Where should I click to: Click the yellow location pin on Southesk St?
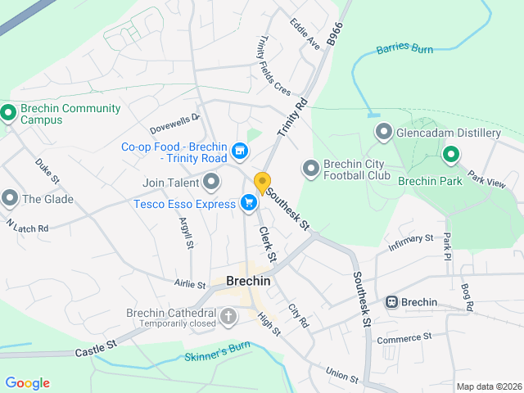[262, 183]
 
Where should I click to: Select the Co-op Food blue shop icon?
[239, 150]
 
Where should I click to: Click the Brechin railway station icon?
[392, 302]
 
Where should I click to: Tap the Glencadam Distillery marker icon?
[383, 132]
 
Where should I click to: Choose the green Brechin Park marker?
[450, 154]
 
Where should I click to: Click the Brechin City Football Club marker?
[310, 168]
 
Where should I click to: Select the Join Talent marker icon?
[212, 181]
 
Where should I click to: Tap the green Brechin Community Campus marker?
[9, 114]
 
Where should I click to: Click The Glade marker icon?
[9, 198]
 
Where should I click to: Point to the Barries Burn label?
[404, 50]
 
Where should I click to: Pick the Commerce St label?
[404, 337]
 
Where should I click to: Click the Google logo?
[27, 383]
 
